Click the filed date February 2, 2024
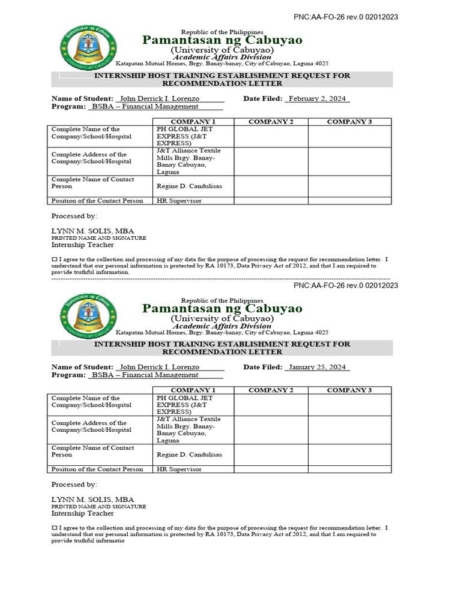pyautogui.click(x=318, y=98)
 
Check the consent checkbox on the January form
pyautogui.click(x=54, y=528)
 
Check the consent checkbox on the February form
pyautogui.click(x=54, y=259)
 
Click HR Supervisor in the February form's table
pyautogui.click(x=179, y=201)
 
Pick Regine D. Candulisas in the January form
pyautogui.click(x=189, y=455)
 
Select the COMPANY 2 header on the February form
pyautogui.click(x=271, y=122)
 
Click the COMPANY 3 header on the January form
pyautogui.click(x=349, y=390)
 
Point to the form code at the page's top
pyautogui.click(x=345, y=17)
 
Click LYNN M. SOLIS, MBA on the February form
pyautogui.click(x=92, y=231)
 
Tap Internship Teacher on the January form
pyautogui.click(x=82, y=513)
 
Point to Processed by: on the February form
pyautogui.click(x=74, y=216)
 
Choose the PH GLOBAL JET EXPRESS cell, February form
pyautogui.click(x=184, y=136)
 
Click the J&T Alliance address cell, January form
pyautogui.click(x=188, y=429)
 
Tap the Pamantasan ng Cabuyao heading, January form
pyautogui.click(x=222, y=308)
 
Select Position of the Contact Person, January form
pyautogui.click(x=97, y=469)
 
